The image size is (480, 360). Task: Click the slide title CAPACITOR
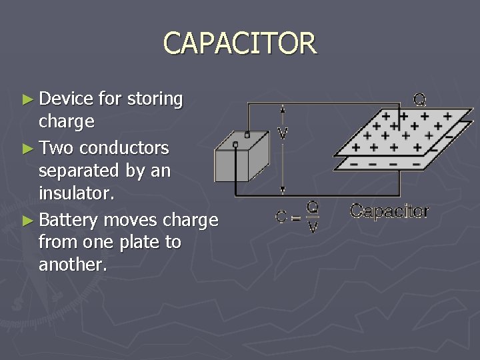(x=240, y=44)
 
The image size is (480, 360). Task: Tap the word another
(x=72, y=265)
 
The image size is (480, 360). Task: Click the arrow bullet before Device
(x=27, y=99)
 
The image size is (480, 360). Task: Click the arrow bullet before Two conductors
(x=27, y=147)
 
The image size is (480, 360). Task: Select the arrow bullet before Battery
(x=27, y=219)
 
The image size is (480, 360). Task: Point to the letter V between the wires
(x=283, y=133)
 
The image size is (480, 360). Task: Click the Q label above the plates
(x=420, y=101)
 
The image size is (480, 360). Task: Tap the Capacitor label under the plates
(x=389, y=211)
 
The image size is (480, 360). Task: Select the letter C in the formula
(x=281, y=217)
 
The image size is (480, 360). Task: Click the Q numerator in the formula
(x=312, y=207)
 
